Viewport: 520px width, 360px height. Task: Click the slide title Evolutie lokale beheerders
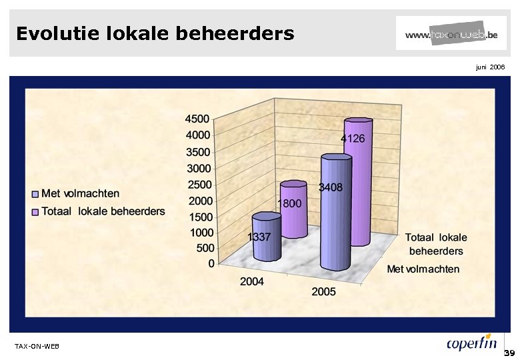[155, 33]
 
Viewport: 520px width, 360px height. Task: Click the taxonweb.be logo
[451, 33]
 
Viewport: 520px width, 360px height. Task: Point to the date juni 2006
[490, 67]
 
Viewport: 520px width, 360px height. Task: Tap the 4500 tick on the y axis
[197, 119]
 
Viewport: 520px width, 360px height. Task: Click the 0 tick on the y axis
[211, 263]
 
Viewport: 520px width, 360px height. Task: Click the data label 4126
[353, 139]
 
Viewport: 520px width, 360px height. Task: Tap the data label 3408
[331, 187]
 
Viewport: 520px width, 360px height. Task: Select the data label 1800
[289, 203]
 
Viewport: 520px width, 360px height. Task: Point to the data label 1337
[259, 237]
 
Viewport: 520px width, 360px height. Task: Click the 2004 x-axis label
[252, 282]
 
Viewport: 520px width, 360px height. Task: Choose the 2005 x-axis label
[323, 291]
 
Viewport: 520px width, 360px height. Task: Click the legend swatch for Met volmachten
[35, 194]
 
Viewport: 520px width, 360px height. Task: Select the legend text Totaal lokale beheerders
[103, 211]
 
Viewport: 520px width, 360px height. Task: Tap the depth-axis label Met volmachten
[423, 269]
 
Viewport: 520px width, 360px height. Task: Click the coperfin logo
[472, 343]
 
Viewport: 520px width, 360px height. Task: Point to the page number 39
[510, 353]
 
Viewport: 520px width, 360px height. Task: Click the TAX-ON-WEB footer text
[37, 346]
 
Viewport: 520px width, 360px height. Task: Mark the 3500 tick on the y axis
[197, 151]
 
